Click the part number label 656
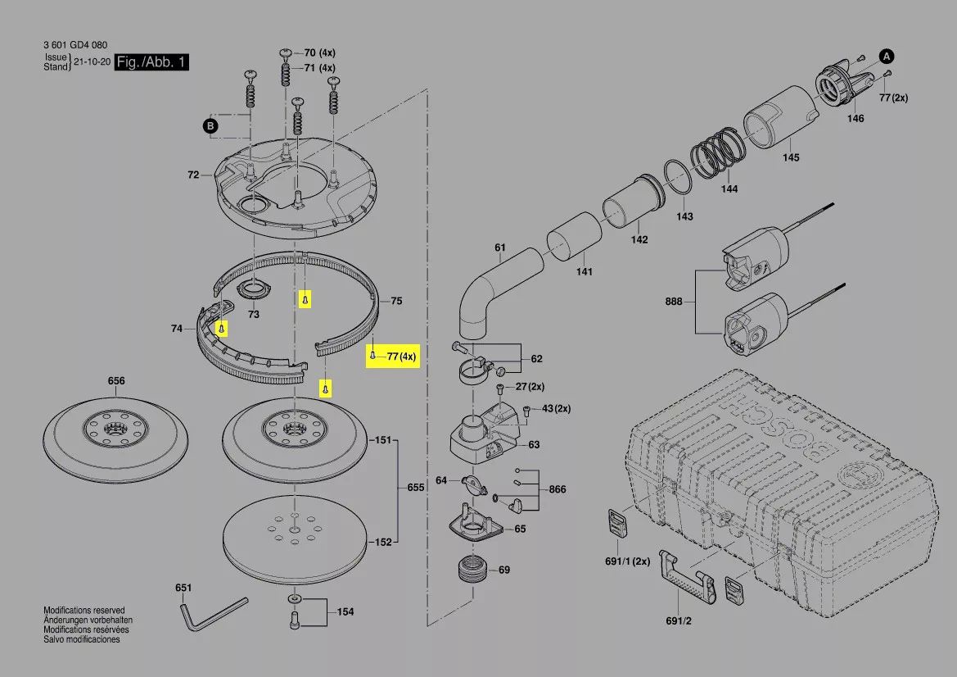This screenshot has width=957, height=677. coord(116,381)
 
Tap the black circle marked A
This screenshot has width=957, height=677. coord(886,56)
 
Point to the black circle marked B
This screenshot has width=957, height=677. coord(210,125)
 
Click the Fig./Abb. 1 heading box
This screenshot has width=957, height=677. coord(152,62)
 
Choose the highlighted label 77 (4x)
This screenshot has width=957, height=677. coord(393,357)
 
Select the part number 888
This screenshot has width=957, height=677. coord(674,302)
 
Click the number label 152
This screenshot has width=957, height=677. coord(382,542)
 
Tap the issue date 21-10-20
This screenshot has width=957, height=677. coord(90,61)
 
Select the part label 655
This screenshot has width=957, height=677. coord(416,488)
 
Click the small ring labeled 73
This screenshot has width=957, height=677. coord(253,290)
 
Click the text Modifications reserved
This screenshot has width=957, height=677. coord(84,611)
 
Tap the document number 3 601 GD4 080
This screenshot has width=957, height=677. coord(75,45)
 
